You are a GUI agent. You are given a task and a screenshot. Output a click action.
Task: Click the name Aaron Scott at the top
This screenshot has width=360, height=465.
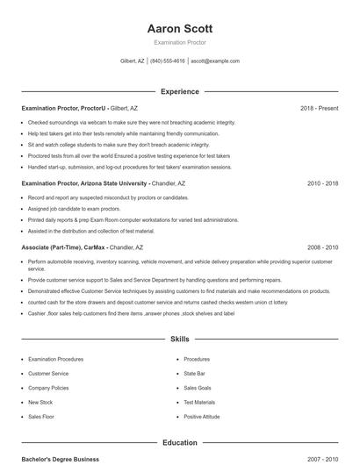point(180,28)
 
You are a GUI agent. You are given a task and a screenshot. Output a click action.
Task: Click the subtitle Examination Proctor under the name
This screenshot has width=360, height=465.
point(180,42)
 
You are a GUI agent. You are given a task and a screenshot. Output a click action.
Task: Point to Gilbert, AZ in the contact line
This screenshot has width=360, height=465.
point(133,61)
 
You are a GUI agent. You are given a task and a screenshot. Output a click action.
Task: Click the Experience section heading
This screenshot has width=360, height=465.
point(180,91)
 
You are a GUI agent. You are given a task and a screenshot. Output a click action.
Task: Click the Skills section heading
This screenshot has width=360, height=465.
point(180,338)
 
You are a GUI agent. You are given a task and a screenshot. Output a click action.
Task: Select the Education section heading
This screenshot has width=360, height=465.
point(180,443)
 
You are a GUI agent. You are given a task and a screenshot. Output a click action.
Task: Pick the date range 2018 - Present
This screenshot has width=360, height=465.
point(319,108)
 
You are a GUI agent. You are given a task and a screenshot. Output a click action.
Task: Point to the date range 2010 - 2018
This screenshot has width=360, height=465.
point(322,183)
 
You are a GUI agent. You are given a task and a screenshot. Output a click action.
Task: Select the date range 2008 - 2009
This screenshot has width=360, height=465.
point(322,247)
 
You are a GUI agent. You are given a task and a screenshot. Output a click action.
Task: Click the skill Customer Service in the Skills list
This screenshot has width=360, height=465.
point(48,373)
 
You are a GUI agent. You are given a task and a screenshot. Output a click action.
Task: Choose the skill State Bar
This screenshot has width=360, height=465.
point(194,373)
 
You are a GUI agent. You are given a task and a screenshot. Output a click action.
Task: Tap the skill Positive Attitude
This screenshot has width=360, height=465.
point(202,416)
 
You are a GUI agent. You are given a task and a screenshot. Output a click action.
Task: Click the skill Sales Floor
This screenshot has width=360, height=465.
point(41,416)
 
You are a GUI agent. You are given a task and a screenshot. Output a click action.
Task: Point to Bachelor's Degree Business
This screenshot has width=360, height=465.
point(61,459)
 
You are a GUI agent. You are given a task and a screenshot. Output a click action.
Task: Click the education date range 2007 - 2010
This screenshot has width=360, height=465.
point(322,459)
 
